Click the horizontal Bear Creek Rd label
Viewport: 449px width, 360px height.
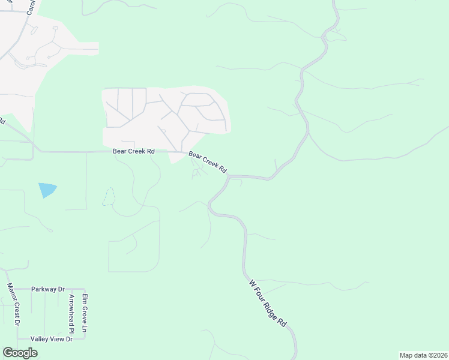[x=134, y=152]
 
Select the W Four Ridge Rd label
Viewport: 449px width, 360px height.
[x=268, y=302]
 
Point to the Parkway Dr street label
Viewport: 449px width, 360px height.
[x=48, y=289]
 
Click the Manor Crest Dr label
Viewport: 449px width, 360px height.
[x=13, y=305]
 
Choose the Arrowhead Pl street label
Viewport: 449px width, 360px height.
[x=71, y=314]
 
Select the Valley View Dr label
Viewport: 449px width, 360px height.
[x=52, y=339]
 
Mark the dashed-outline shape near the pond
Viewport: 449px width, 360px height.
[x=108, y=197]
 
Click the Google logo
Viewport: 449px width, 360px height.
[x=20, y=353]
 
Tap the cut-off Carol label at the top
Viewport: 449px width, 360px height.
[x=31, y=7]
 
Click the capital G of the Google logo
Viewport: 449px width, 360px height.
[x=8, y=352]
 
